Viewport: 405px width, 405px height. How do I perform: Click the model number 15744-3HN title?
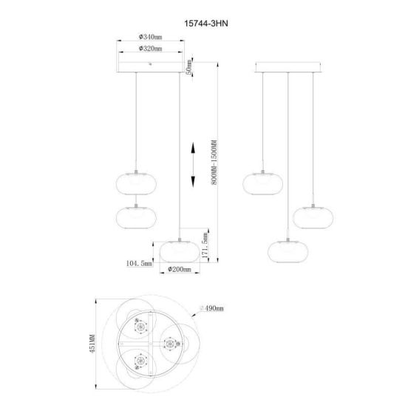point(206,24)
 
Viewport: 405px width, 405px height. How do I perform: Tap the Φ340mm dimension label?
point(150,37)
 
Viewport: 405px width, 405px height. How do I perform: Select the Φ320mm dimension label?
point(150,48)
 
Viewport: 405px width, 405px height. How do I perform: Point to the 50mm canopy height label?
point(189,67)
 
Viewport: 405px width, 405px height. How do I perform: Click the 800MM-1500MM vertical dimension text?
point(214,162)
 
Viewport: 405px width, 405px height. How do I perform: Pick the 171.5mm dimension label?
point(205,245)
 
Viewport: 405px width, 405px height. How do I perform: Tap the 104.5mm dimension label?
point(139,263)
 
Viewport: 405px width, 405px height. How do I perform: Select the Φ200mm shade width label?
point(180,270)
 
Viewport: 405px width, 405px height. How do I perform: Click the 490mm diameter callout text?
point(212,308)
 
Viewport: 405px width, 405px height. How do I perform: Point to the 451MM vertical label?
point(92,344)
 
